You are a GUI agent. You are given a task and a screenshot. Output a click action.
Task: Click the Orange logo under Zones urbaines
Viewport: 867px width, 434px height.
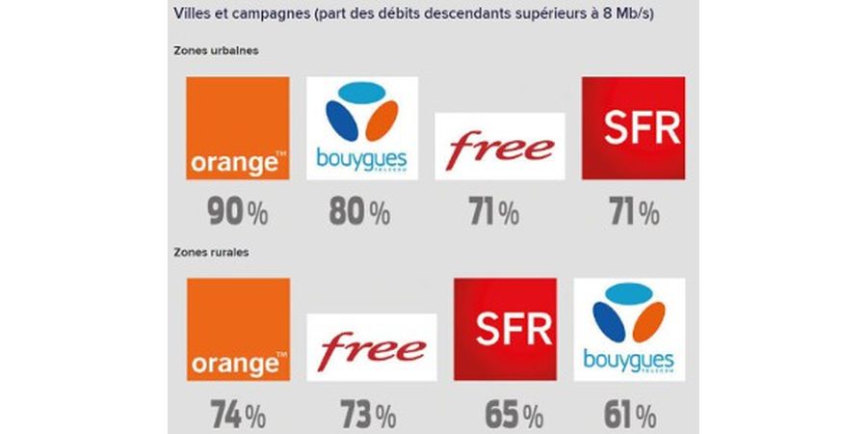237,128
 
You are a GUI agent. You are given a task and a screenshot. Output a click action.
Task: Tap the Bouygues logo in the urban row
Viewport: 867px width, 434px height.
361,128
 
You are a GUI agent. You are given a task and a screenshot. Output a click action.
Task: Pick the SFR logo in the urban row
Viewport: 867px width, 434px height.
633,128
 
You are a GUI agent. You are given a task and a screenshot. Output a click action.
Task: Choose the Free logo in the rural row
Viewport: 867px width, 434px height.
373,346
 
